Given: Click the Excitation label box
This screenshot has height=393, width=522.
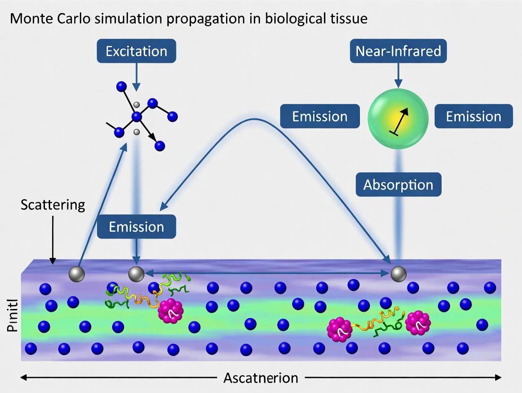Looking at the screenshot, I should [136, 51].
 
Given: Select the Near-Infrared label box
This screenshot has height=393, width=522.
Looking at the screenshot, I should [398, 51].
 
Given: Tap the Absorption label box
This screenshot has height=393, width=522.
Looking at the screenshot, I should [398, 184].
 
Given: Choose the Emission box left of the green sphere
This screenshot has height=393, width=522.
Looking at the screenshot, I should [320, 116].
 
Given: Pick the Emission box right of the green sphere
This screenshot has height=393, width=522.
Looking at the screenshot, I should [473, 116].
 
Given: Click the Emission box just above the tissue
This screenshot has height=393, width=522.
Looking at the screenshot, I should [136, 226].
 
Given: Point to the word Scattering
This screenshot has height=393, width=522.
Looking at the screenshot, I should [53, 205].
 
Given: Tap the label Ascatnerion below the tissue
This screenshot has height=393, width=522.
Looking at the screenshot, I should [261, 378].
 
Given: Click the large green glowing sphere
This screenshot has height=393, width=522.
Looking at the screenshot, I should [398, 117].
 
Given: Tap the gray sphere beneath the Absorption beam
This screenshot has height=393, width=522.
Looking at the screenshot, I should [398, 273].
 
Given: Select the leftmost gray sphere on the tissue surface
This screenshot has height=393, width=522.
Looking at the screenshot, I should [76, 274].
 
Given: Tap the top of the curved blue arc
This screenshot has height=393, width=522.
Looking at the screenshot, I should [255, 119].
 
